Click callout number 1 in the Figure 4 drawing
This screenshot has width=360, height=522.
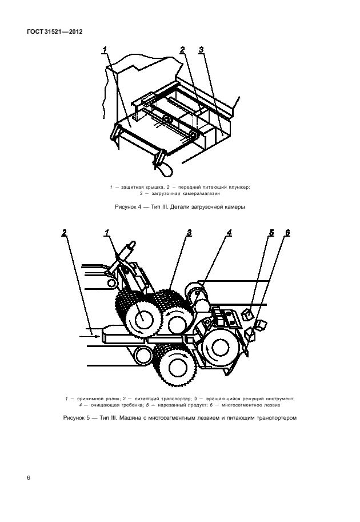[x=105, y=50]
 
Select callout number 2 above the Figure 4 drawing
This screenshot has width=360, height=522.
[x=183, y=50]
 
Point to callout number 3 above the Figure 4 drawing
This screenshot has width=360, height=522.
[x=201, y=50]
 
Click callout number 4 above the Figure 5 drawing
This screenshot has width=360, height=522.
[x=229, y=233]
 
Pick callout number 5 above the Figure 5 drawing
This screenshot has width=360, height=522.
[x=271, y=233]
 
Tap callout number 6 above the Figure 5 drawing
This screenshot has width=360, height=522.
[x=287, y=233]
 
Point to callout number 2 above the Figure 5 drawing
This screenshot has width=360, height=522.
[x=64, y=233]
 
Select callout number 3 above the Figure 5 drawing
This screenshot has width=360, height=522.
[x=189, y=233]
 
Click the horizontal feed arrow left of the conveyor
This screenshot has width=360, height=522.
[x=89, y=337]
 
